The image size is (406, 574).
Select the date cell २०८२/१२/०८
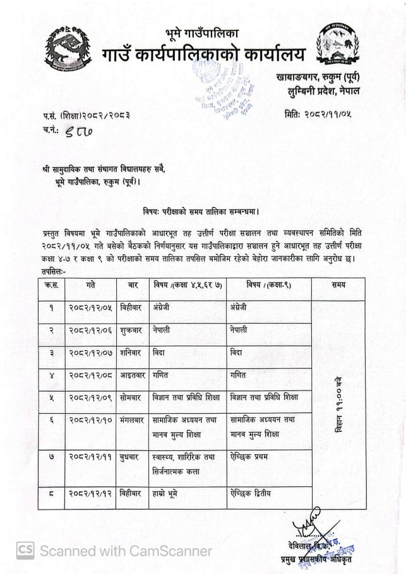point(90,376)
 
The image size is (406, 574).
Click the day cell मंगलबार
point(133,420)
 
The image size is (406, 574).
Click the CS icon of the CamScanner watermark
point(25,549)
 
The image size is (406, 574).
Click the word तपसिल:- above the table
point(55,271)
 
